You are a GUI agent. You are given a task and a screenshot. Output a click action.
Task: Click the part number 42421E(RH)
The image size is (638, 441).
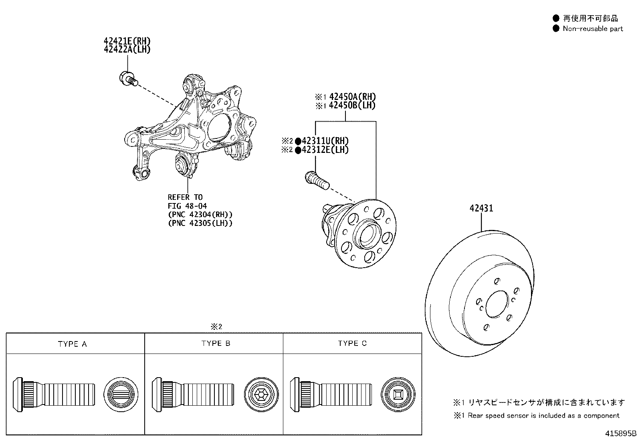pos(127,41)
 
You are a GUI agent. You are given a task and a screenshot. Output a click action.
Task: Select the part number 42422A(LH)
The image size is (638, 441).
pos(127,49)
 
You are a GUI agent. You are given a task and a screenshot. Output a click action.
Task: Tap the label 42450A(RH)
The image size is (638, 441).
pos(352,97)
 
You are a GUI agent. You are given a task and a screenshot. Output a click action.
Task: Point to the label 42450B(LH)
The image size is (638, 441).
pos(352,106)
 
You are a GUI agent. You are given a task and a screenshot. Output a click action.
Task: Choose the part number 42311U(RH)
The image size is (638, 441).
pos(325,141)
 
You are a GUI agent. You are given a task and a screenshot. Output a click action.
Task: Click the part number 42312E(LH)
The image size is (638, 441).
pos(325,150)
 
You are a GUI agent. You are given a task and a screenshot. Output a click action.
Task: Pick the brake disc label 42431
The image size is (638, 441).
pos(481,208)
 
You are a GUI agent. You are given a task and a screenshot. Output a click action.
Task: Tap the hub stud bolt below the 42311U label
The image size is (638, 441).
pos(317,180)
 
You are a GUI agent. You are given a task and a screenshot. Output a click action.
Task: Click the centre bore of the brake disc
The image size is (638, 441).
pos(497,304)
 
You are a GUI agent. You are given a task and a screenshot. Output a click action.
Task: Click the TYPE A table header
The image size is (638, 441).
pos(73,344)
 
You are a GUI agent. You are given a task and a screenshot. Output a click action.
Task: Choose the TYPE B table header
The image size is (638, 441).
pos(216,343)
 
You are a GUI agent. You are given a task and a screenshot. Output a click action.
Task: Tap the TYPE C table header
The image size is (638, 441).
pos(352,343)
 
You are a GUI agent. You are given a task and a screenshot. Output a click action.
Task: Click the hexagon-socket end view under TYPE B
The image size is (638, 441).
pos(261,394)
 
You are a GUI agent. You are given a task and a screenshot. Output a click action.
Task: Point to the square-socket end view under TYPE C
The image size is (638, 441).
pos(398,394)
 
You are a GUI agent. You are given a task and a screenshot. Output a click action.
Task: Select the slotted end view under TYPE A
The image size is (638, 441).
pos(121,394)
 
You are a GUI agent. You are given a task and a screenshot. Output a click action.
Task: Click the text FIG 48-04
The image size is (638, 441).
pos(187,206)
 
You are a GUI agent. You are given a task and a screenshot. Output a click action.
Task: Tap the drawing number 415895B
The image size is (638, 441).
pos(621,434)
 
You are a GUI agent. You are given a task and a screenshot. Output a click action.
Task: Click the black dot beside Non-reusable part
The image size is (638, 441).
pos(556,28)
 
